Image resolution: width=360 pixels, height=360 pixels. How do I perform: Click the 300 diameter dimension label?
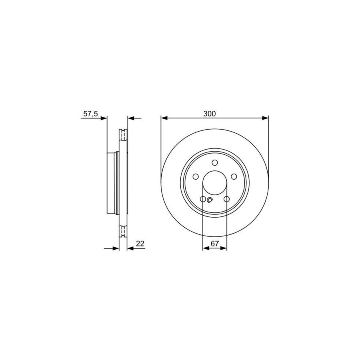click(x=209, y=114)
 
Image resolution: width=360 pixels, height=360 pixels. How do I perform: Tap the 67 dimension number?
click(x=215, y=244)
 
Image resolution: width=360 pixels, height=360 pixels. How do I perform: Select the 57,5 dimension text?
click(x=90, y=114)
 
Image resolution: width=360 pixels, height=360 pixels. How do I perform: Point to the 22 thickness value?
click(x=140, y=244)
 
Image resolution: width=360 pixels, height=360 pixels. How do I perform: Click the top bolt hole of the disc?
click(x=215, y=162)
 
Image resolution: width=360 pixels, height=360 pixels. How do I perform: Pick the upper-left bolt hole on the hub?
click(x=196, y=176)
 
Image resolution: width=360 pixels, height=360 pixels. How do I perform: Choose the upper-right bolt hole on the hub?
click(x=234, y=176)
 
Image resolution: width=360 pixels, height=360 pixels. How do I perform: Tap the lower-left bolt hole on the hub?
click(x=203, y=199)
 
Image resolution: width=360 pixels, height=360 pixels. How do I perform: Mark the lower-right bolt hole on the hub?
click(x=227, y=199)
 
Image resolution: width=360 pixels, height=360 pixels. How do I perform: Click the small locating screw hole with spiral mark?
click(x=210, y=201)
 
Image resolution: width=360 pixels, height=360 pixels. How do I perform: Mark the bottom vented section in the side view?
click(x=123, y=232)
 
